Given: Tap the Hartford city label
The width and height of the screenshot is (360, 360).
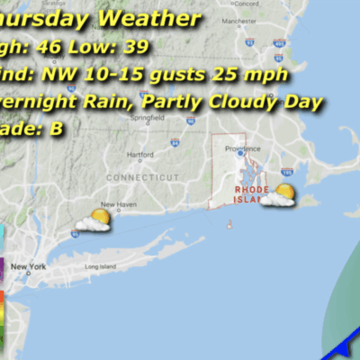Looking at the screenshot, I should point(140,129).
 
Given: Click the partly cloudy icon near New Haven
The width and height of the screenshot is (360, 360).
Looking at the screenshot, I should point(95,220).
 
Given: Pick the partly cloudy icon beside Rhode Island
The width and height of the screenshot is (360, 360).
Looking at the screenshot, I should point(280,194).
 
